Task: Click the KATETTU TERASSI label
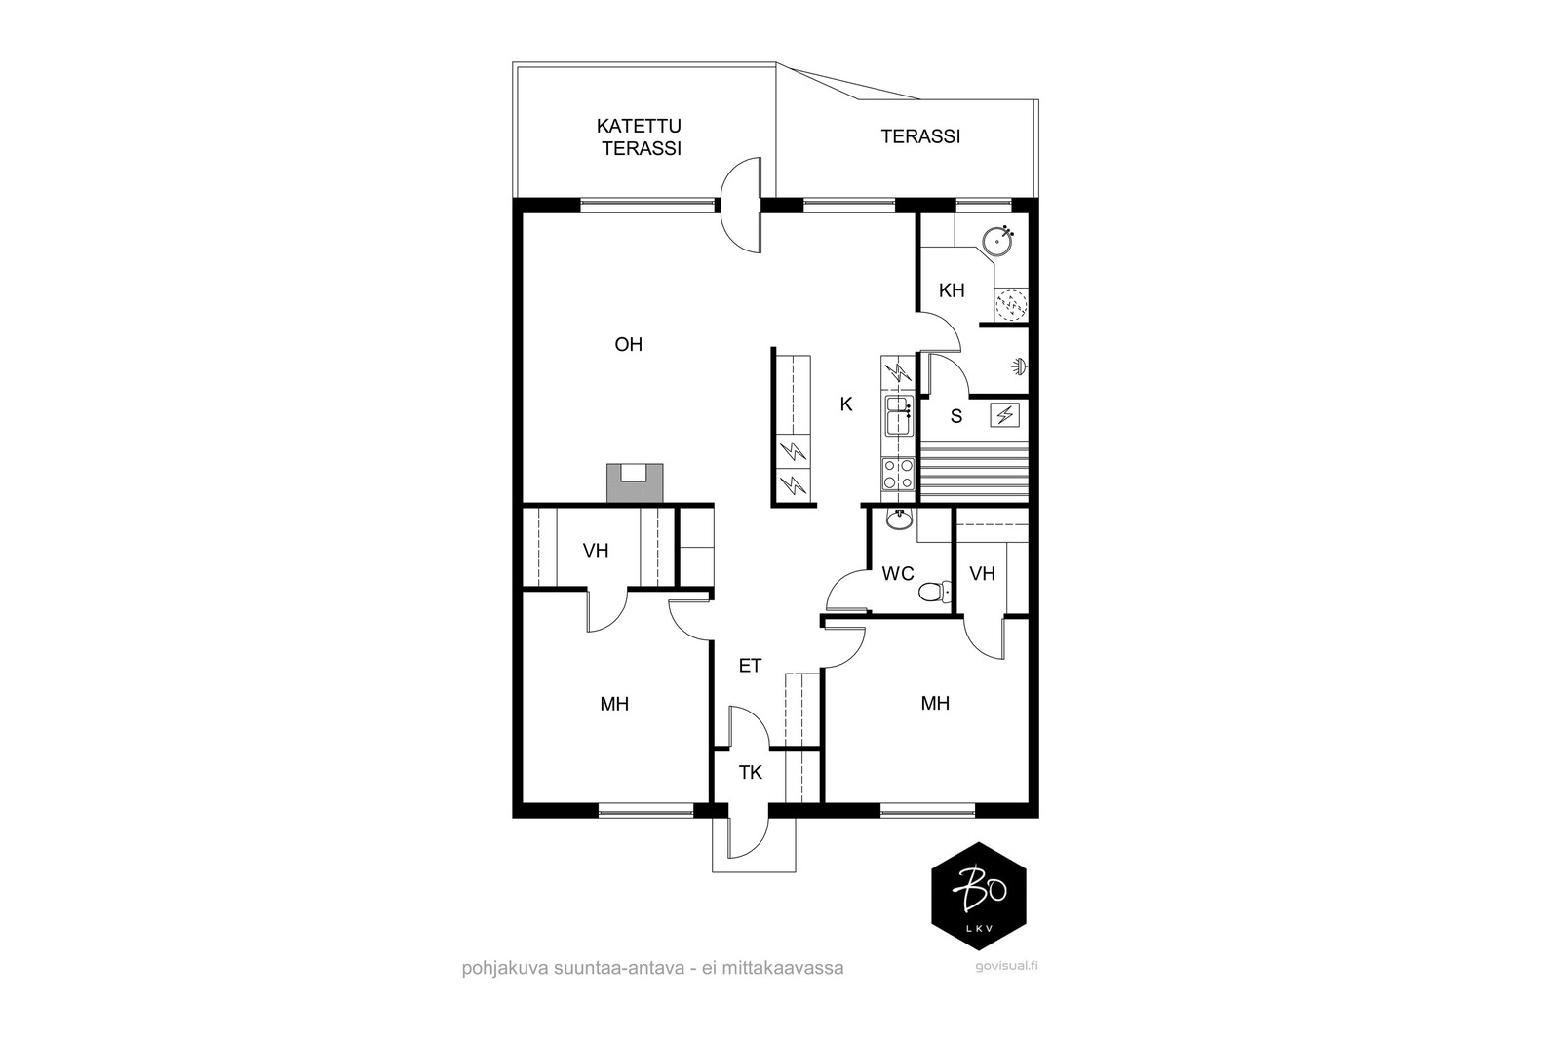pos(639,137)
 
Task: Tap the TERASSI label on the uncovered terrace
pos(920,136)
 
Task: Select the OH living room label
pos(628,345)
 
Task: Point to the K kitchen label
pos(846,404)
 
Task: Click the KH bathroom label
pos(952,290)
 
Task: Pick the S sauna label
pos(956,416)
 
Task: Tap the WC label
pos(898,573)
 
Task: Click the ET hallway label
pos(750,666)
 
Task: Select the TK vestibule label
pos(751,772)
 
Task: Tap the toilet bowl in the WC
pos(935,593)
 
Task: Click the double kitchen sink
pos(898,415)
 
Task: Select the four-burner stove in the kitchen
pos(898,474)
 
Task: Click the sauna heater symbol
pos(1005,415)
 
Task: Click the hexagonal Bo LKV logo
pos(979,896)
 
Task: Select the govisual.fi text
pos(1006,966)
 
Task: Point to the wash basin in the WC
pos(900,520)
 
